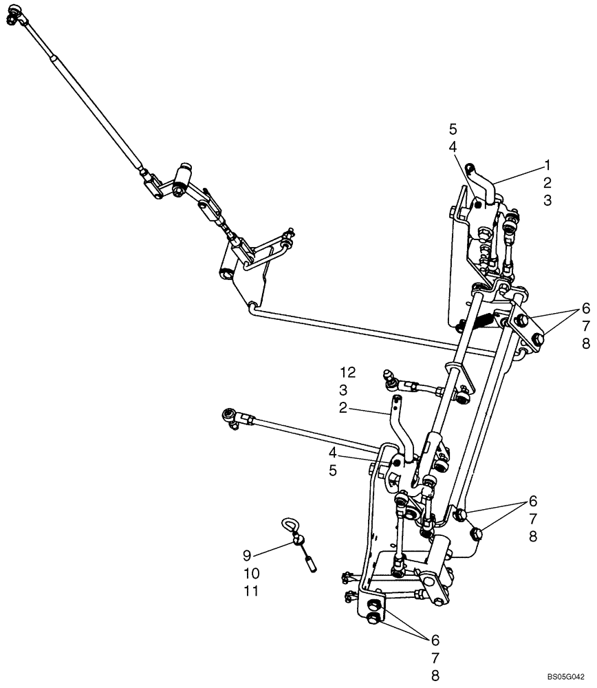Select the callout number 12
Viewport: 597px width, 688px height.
point(347,372)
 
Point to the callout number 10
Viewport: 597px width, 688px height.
point(251,572)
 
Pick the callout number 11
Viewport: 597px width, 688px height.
point(251,590)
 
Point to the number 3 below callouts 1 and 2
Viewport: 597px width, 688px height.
point(547,200)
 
